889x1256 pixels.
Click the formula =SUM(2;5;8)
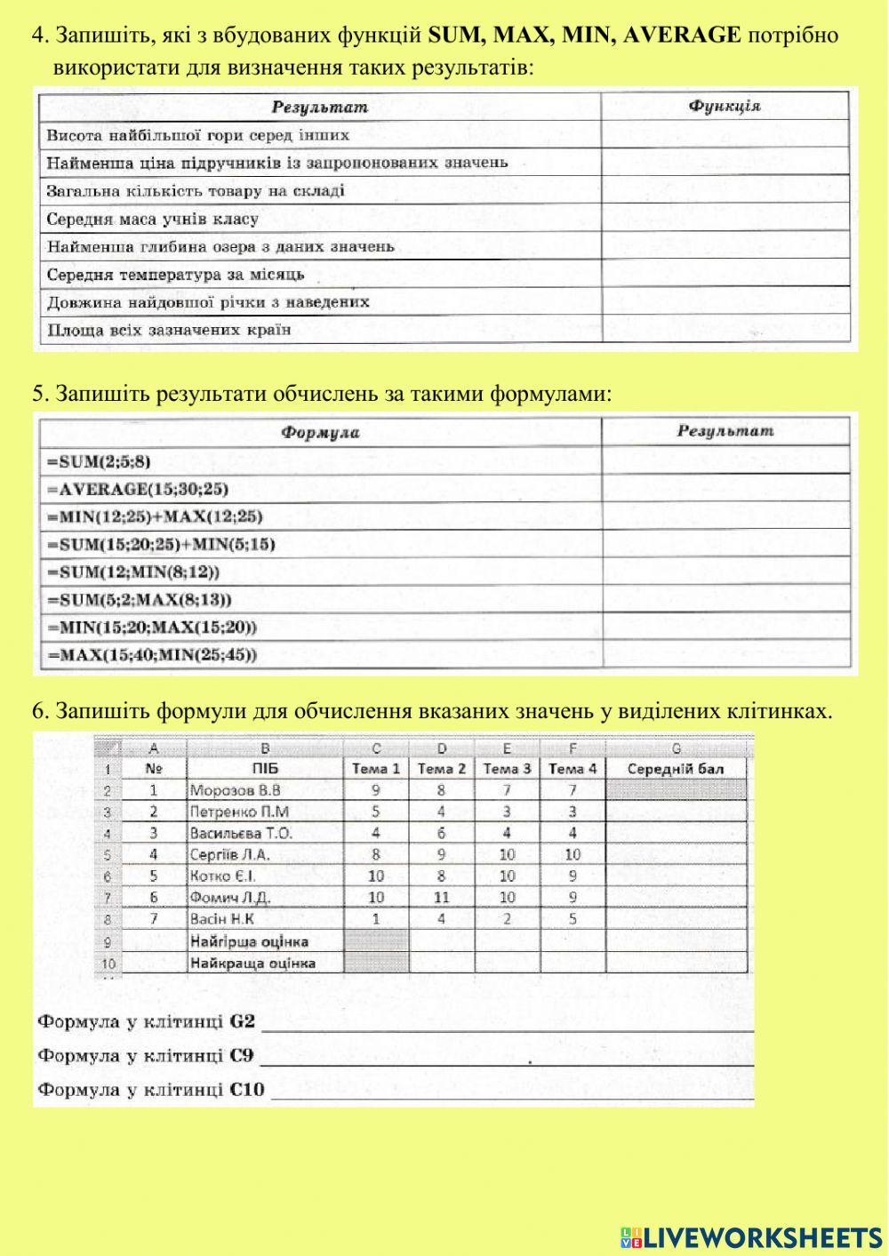click(x=99, y=460)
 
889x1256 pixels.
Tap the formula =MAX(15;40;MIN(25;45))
click(x=151, y=655)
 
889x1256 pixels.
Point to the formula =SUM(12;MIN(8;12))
click(x=132, y=572)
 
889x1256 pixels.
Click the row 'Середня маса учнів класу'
click(x=152, y=219)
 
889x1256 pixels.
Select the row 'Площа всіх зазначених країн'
click(x=169, y=330)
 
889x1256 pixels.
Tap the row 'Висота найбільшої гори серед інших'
click(x=197, y=135)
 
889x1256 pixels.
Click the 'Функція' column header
click(x=725, y=106)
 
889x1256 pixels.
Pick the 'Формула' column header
click(x=320, y=433)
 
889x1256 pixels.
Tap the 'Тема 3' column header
click(x=507, y=768)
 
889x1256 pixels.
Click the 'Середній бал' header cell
click(x=676, y=768)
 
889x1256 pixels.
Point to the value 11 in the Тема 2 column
click(x=442, y=897)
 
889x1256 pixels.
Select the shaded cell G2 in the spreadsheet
click(x=676, y=789)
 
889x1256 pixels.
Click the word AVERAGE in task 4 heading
click(x=682, y=36)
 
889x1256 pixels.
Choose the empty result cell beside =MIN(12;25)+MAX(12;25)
click(x=725, y=516)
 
